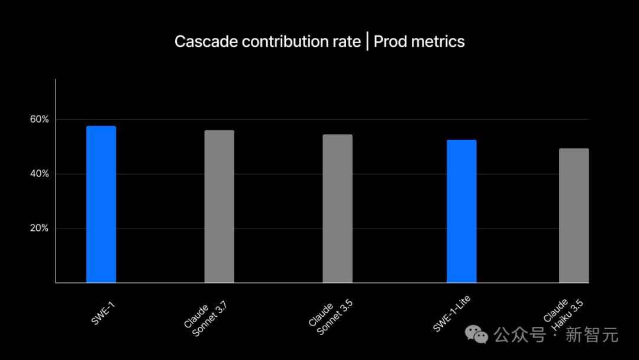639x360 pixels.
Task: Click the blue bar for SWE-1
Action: (x=101, y=204)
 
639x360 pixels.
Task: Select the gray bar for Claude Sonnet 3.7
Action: (x=220, y=207)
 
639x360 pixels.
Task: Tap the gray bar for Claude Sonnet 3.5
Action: (x=337, y=208)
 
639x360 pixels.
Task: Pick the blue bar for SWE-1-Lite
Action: (x=461, y=211)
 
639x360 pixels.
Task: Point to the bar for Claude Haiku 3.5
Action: (x=574, y=216)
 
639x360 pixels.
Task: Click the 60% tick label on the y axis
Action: (x=40, y=120)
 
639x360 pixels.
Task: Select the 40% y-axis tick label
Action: (x=40, y=174)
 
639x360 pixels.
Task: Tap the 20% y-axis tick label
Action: (x=40, y=229)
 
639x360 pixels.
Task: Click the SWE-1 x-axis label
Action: (x=104, y=313)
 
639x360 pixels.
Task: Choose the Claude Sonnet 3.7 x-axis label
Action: (x=205, y=317)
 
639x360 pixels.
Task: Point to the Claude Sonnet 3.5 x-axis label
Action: (x=328, y=317)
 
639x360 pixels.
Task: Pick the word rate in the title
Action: (x=347, y=41)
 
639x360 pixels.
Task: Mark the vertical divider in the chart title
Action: (x=367, y=41)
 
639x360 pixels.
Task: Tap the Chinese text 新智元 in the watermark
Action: (x=592, y=335)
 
